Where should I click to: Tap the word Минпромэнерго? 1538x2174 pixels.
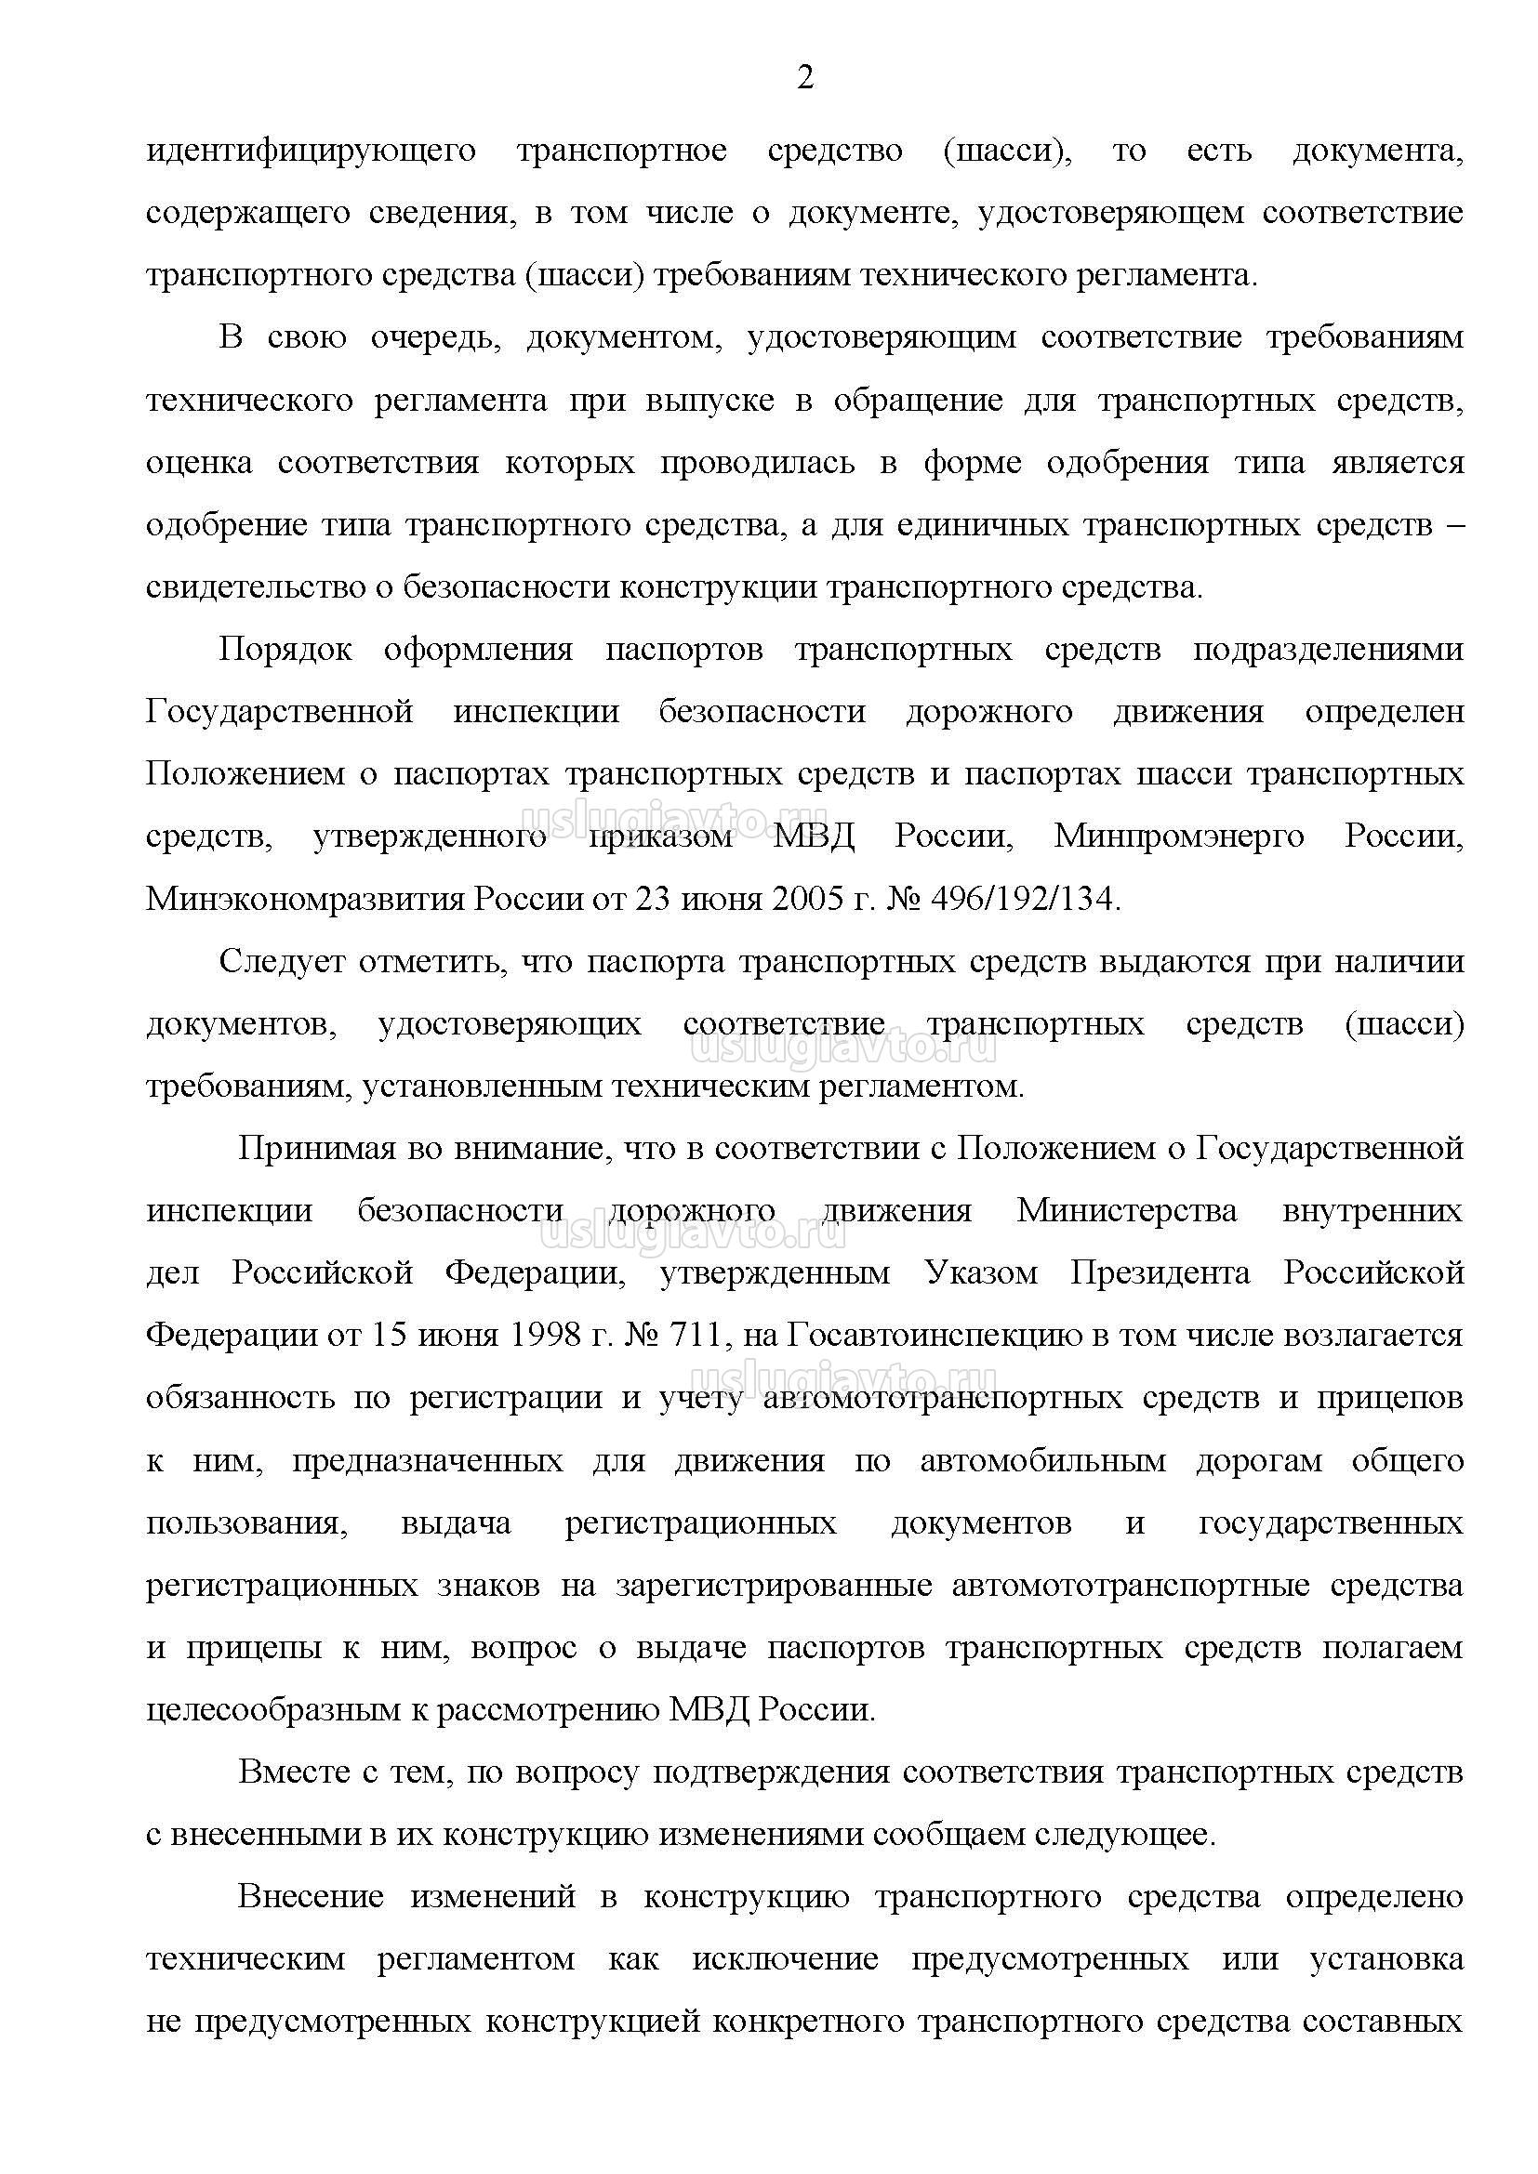point(1179,837)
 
